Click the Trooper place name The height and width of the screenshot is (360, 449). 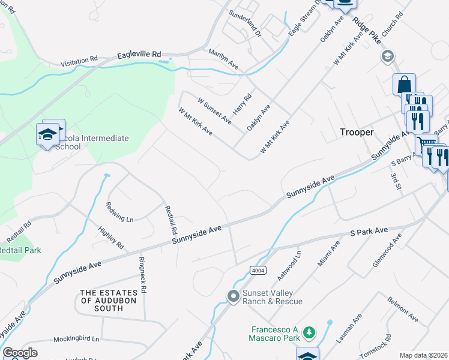coord(357,131)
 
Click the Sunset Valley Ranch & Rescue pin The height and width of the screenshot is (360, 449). coord(233,296)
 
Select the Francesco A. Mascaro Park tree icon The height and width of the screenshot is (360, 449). coord(309,332)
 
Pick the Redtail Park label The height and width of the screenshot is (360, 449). coord(20,250)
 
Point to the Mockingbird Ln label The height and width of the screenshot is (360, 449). coord(76,339)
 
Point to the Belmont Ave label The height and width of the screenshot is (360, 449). coord(403,307)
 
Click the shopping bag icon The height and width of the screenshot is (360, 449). coord(405,84)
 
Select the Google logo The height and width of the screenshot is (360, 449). coord(20,353)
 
